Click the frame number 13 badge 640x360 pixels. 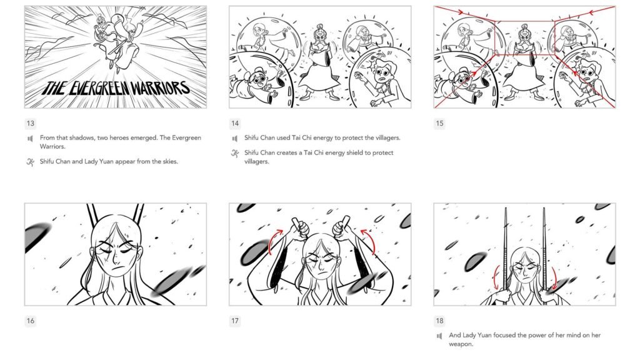pos(31,123)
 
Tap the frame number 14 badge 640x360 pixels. pos(235,123)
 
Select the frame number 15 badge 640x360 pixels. pos(440,123)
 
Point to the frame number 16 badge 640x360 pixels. pos(31,321)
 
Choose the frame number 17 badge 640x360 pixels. pos(235,321)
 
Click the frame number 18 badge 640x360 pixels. pos(440,321)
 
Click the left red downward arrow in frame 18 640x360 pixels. pos(497,277)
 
